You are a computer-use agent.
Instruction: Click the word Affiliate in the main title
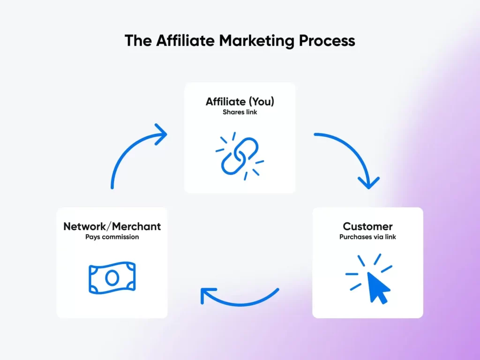click(185, 40)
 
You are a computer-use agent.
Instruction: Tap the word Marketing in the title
click(256, 41)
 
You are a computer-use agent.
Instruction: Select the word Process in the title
click(327, 40)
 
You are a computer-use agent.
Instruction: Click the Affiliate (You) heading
click(240, 101)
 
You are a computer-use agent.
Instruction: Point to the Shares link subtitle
click(240, 112)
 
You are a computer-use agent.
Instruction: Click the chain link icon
click(240, 156)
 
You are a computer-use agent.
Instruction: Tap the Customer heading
click(367, 226)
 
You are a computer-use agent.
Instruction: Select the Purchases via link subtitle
click(367, 237)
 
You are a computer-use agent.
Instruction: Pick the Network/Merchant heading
click(112, 226)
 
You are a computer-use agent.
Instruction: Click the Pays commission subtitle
click(112, 237)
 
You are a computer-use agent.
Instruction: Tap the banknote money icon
click(112, 277)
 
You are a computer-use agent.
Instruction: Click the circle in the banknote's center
click(112, 278)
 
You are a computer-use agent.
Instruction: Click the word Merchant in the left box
click(136, 226)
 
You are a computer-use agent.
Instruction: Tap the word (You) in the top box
click(261, 101)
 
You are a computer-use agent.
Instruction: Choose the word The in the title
click(138, 40)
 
